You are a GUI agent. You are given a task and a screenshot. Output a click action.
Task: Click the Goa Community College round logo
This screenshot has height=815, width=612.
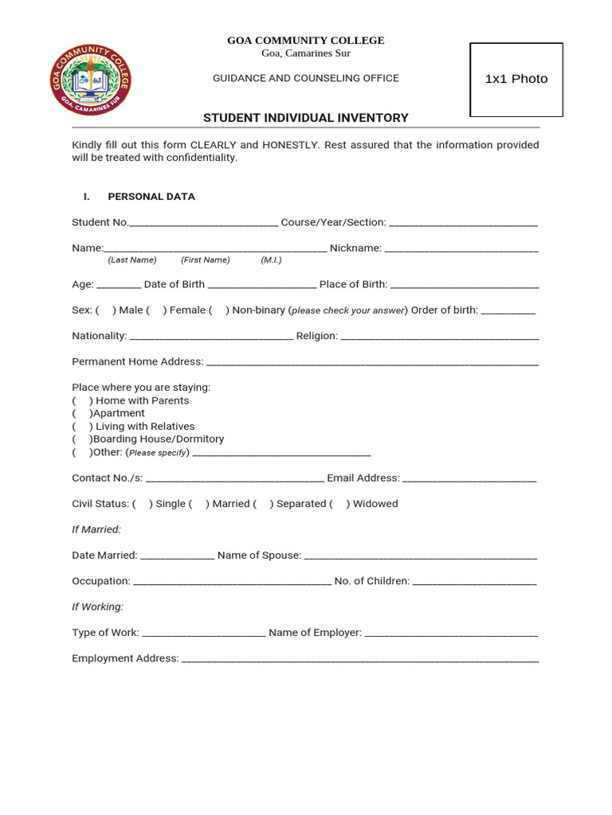90,80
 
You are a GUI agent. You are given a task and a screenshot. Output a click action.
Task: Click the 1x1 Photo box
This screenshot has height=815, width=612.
516,79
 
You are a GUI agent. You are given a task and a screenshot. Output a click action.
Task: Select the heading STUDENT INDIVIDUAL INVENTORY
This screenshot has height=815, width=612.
305,118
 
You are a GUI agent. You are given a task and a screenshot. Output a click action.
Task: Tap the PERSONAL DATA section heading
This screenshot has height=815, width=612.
151,197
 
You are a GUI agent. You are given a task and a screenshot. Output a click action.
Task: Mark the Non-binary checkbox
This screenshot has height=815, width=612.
218,310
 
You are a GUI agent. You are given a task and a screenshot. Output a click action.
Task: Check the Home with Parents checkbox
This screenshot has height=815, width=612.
82,400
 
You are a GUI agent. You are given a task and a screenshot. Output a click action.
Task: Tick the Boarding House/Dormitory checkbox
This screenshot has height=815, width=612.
82,439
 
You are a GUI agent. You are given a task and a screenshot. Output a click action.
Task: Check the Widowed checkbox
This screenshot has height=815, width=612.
339,504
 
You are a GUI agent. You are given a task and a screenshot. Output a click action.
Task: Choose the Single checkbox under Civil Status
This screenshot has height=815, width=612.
142,504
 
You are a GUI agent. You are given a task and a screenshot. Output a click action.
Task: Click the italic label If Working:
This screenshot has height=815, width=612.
98,606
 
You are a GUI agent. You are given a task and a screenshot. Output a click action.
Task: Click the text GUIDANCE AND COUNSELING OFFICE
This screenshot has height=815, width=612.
305,78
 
